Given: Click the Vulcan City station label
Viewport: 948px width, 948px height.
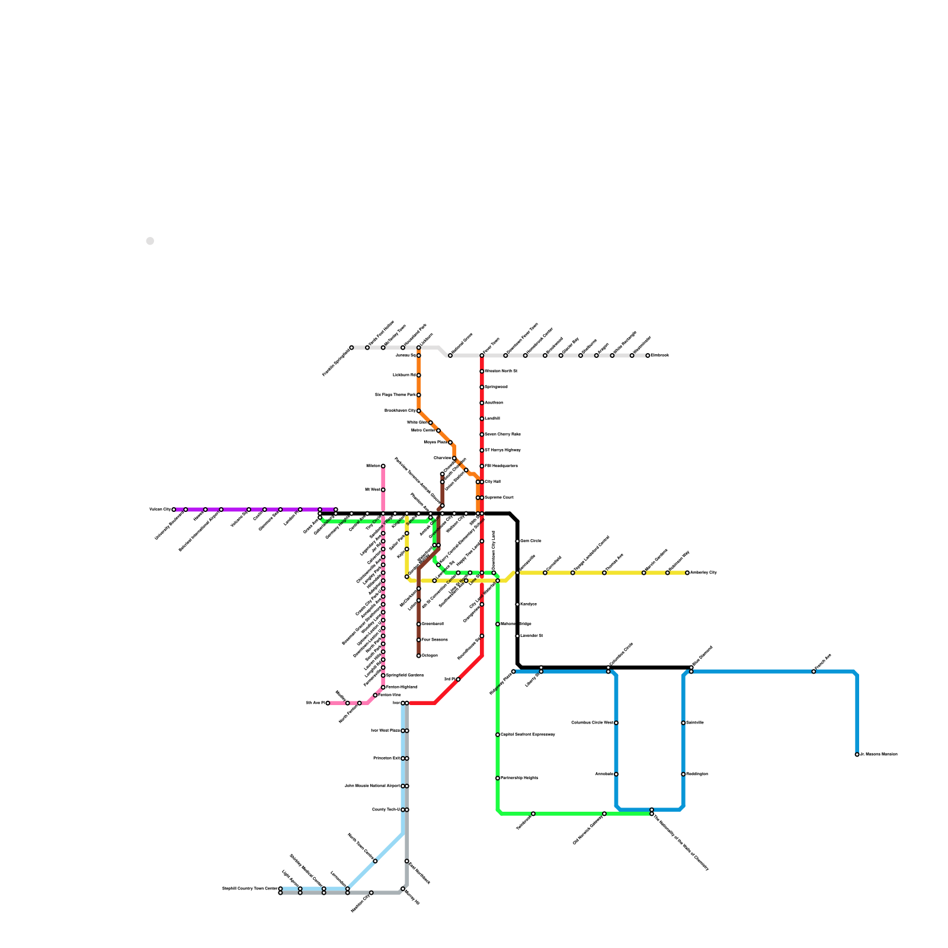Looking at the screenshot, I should pos(159,510).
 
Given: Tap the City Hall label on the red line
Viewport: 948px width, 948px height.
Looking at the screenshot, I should pos(493,482).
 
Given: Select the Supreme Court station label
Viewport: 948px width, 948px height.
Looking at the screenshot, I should pos(499,498).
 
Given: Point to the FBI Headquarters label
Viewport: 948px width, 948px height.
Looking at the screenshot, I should pos(501,466).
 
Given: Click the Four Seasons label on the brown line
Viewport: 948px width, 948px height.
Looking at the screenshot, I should pos(434,640).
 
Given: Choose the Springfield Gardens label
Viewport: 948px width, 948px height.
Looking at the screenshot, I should pos(405,675).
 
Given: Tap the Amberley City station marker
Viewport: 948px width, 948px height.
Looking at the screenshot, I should pos(687,573).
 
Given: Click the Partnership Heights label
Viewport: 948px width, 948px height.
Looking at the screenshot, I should pos(520,778).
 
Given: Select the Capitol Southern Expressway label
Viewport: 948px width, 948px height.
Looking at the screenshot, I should pos(528,735).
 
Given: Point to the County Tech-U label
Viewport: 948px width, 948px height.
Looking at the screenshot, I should pos(386,810).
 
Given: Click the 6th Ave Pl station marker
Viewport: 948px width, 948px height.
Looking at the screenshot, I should pos(328,703).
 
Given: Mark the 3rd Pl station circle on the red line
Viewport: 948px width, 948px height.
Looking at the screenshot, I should pos(458,680).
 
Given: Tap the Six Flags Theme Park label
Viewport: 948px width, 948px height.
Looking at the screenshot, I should pos(395,395).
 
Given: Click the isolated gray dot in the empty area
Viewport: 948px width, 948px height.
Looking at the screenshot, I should pos(150,241).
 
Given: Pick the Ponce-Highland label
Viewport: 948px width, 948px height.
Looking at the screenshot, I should pos(402,687).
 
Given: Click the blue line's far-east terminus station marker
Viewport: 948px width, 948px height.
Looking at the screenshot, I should pos(857,755).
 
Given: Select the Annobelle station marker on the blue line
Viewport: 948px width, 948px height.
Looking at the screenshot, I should pos(616,774).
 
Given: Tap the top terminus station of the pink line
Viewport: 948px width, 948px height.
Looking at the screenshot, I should pos(383,466).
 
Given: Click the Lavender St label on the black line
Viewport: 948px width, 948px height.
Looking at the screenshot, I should pos(531,636).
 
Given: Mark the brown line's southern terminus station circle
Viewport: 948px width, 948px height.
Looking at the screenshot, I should pos(419,656).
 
